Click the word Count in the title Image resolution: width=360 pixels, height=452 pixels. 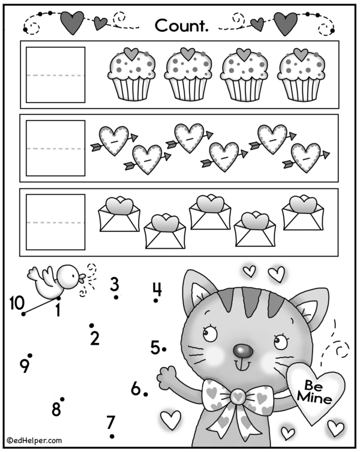click(x=181, y=25)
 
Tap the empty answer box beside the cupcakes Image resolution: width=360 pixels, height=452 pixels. click(x=55, y=75)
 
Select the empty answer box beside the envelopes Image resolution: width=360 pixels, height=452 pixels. click(x=55, y=222)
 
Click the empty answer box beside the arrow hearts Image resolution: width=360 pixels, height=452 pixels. click(x=55, y=148)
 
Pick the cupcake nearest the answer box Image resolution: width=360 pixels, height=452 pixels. click(x=131, y=74)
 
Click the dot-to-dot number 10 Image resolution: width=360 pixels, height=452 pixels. click(x=16, y=303)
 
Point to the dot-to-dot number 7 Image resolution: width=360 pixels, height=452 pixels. click(x=111, y=422)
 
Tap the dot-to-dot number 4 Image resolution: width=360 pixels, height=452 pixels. click(x=157, y=289)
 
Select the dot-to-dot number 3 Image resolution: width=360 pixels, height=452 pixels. click(x=115, y=284)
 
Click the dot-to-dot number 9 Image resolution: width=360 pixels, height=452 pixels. click(x=25, y=367)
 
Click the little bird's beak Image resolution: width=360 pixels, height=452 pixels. click(x=82, y=278)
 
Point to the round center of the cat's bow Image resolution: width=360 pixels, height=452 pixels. click(x=238, y=397)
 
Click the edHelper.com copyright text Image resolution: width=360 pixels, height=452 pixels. click(x=34, y=440)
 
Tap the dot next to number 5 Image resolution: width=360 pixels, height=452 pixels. click(x=164, y=349)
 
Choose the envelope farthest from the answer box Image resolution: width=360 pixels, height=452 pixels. click(x=303, y=213)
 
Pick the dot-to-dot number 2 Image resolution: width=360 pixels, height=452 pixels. click(x=95, y=338)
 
